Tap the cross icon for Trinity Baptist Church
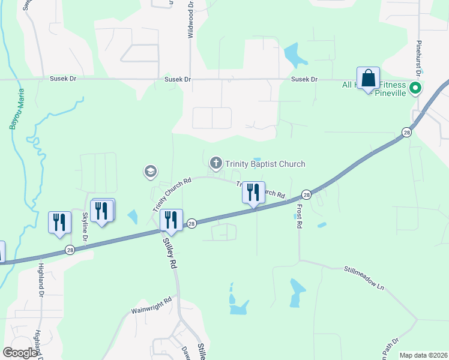pyautogui.click(x=215, y=163)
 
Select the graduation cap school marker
pyautogui.click(x=151, y=172)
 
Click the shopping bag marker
pyautogui.click(x=368, y=79)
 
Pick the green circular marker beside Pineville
pyautogui.click(x=414, y=89)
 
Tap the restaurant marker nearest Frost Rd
pyautogui.click(x=253, y=193)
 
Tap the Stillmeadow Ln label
pyautogui.click(x=364, y=279)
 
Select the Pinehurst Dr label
pyautogui.click(x=420, y=57)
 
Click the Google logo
pyautogui.click(x=19, y=353)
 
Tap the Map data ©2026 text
pyautogui.click(x=423, y=355)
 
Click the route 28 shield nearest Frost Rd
pyautogui.click(x=306, y=194)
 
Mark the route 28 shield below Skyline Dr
pyautogui.click(x=70, y=250)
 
